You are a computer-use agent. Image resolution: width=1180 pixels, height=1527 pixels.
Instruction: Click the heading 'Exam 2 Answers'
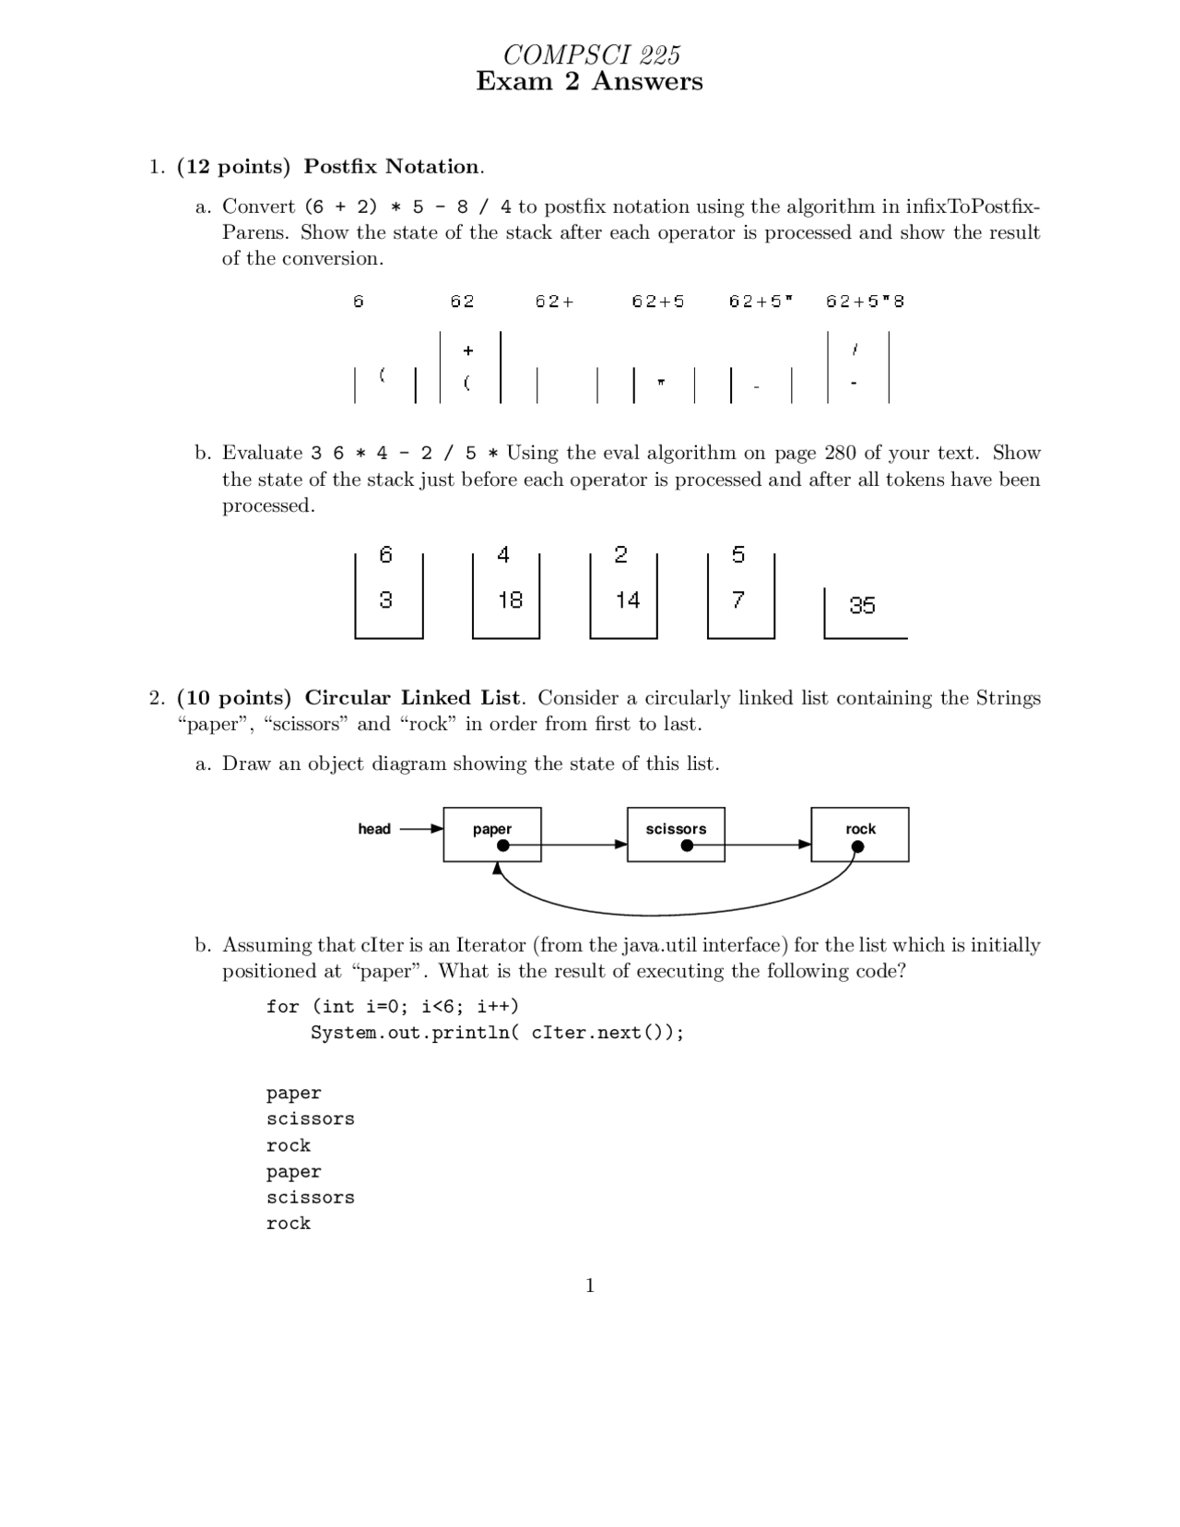[589, 82]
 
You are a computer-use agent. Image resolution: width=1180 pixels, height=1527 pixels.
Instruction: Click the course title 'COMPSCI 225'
[591, 55]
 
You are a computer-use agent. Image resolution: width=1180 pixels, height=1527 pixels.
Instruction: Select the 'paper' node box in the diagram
[491, 835]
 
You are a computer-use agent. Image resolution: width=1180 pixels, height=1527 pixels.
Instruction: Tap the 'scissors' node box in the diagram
[676, 835]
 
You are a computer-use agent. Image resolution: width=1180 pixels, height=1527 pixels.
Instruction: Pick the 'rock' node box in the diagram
[859, 835]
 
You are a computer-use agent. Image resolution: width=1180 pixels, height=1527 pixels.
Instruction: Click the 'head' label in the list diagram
[374, 829]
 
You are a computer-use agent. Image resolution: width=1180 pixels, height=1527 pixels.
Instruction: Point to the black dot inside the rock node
[857, 846]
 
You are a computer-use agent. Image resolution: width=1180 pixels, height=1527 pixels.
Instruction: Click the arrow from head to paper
[421, 829]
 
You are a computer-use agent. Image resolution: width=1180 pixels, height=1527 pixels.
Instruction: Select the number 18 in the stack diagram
[510, 600]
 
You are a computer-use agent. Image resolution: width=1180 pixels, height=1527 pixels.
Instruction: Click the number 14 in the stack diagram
[628, 600]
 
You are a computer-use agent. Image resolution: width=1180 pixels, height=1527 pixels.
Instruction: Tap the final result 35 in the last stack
[862, 606]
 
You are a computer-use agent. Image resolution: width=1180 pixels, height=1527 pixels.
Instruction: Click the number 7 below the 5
[737, 600]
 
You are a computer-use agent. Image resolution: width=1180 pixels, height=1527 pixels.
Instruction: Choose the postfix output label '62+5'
[657, 302]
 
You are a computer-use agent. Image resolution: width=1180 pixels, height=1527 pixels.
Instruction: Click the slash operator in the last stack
[856, 349]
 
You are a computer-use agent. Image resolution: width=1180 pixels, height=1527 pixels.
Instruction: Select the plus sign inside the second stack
[468, 350]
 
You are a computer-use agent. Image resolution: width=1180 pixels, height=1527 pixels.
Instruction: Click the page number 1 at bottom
[590, 1285]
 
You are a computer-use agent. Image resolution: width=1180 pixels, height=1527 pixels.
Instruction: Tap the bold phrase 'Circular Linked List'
[412, 698]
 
